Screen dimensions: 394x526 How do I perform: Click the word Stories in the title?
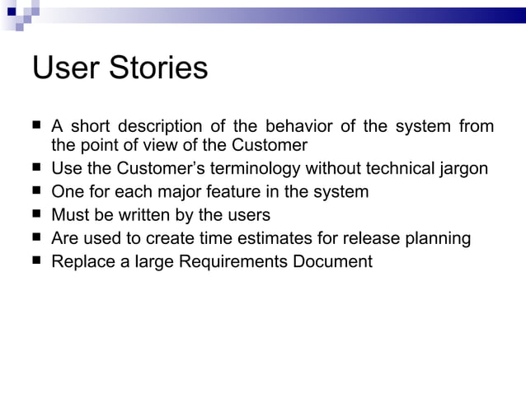coord(159,68)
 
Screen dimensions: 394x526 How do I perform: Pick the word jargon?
coord(461,169)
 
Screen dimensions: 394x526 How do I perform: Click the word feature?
coord(253,192)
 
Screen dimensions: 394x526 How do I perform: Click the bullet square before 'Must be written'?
coord(38,214)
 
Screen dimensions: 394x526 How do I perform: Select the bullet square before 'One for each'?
coord(38,191)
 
